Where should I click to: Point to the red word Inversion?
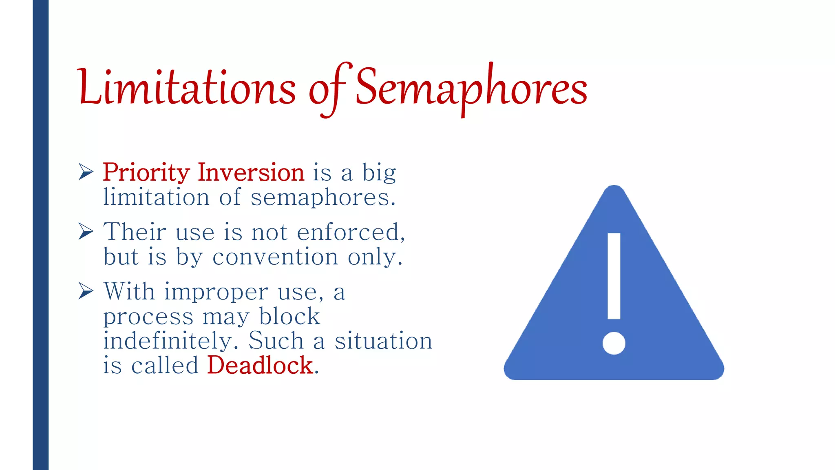click(x=251, y=172)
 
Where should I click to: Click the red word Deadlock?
click(x=260, y=365)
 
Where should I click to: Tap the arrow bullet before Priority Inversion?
click(x=86, y=172)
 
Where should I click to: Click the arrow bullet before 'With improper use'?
click(x=86, y=291)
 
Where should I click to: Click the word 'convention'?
click(x=275, y=257)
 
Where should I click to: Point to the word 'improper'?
click(x=216, y=293)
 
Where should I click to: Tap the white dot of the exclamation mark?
click(x=614, y=343)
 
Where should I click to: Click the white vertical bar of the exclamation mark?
click(x=614, y=276)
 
